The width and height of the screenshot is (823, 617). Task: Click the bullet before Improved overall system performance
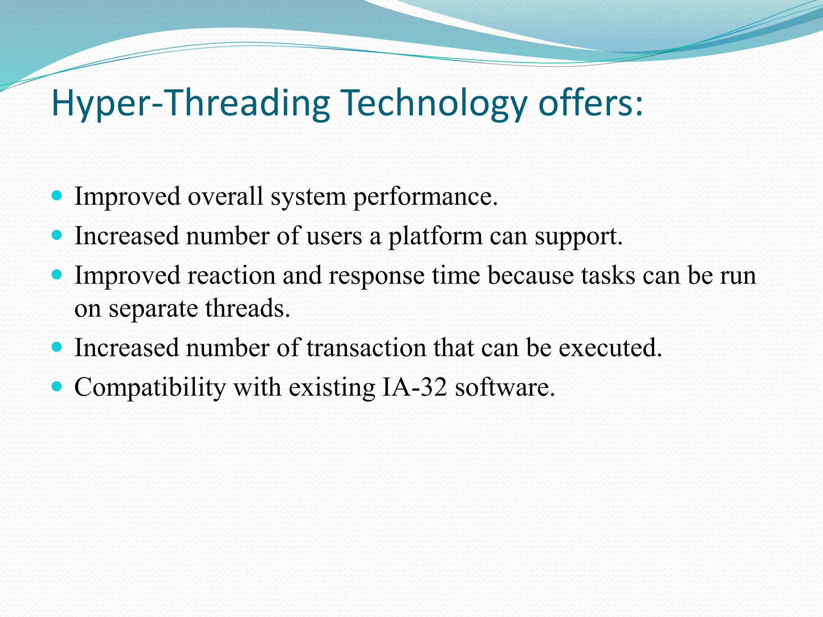(57, 196)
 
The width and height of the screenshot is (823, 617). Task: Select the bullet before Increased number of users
(57, 235)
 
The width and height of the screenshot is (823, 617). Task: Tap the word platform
(434, 236)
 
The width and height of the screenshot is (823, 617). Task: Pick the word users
(334, 236)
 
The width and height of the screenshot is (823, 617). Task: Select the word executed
(610, 347)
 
